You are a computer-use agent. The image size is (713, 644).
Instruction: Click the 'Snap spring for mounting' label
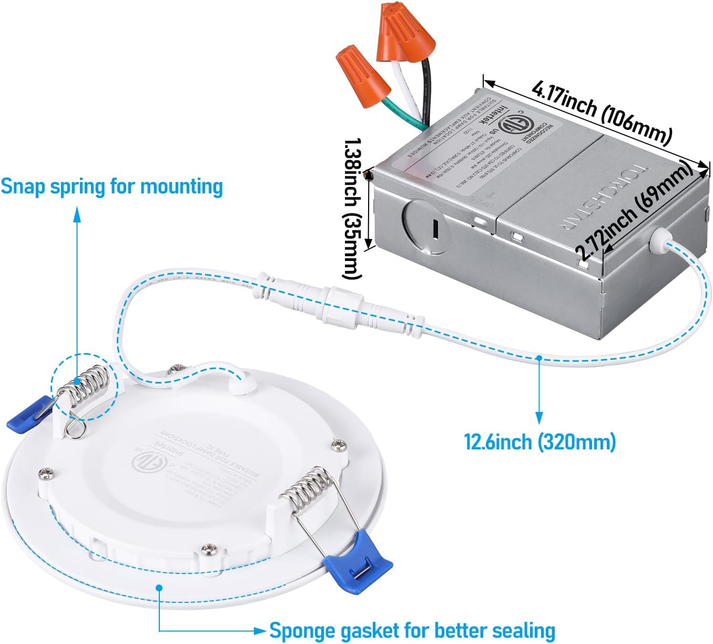point(111,187)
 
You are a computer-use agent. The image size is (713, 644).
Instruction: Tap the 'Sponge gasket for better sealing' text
point(412,630)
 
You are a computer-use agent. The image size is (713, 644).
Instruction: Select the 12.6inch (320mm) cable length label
point(539,441)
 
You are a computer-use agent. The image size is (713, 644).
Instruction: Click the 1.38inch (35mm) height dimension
point(353,208)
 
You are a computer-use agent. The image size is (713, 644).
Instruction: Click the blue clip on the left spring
point(29,413)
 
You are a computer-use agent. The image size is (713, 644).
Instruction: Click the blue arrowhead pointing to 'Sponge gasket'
point(260,630)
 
